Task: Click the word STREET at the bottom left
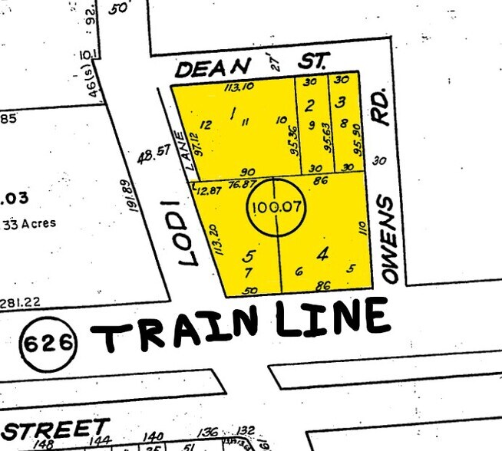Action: tap(55, 430)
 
